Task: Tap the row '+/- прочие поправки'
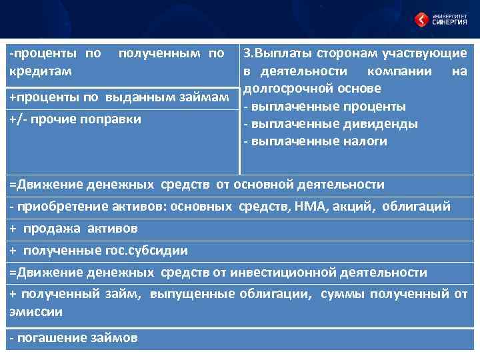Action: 75,119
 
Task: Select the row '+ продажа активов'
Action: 74,229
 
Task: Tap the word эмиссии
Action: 36,311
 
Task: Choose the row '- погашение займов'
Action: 74,338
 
